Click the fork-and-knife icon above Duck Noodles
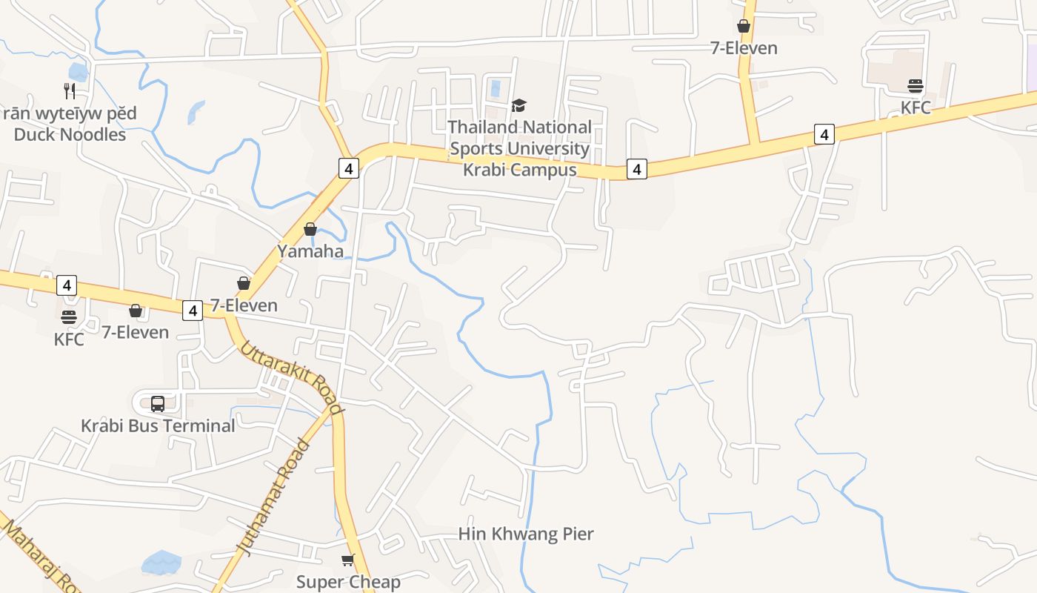pos(70,91)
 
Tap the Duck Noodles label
pos(70,134)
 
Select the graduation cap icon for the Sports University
pos(518,106)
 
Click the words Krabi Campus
pos(519,170)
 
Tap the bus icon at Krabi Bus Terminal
pos(158,404)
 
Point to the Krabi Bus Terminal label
pos(158,425)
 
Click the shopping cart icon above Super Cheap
pos(347,560)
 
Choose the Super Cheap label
pos(348,582)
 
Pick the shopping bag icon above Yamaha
pos(310,229)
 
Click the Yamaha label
pos(310,251)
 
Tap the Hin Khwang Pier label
pos(526,534)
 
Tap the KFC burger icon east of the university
pos(916,86)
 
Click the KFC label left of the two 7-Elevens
pos(69,339)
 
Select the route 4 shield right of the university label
pos(636,169)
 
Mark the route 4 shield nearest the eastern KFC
pos(824,134)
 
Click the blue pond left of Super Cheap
pos(161,563)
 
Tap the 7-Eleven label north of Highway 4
pos(744,48)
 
